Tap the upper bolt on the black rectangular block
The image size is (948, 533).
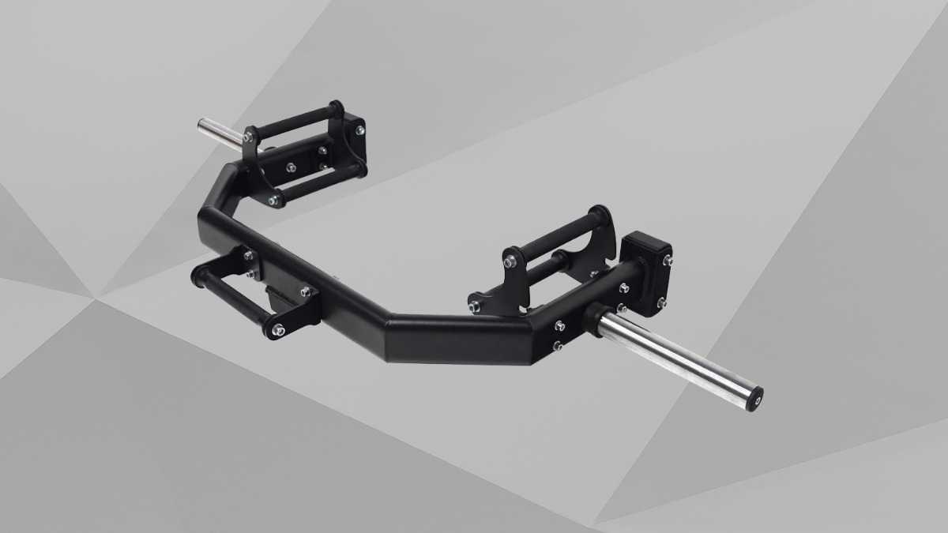tap(668, 258)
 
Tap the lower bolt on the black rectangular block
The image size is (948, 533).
tap(661, 301)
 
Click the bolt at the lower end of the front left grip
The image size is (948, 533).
tap(277, 329)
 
